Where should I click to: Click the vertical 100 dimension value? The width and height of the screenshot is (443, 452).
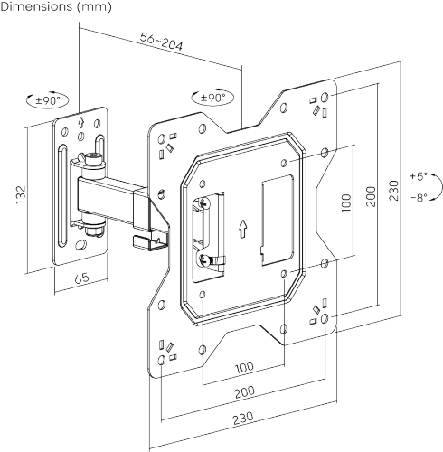click(x=345, y=201)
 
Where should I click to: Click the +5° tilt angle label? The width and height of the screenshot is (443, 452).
click(x=418, y=177)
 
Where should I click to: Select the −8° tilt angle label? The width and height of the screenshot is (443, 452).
click(x=418, y=196)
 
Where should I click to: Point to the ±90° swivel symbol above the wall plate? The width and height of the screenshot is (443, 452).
click(x=47, y=101)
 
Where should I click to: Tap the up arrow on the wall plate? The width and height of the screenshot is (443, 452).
click(x=82, y=120)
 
